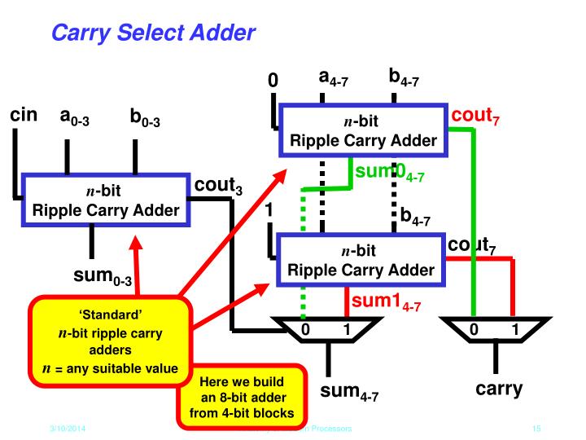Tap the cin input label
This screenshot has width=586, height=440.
(24, 115)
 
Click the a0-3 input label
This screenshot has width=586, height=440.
(74, 117)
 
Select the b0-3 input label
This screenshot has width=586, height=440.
(146, 119)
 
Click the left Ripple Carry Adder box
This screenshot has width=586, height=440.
(105, 201)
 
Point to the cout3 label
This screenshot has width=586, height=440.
(218, 187)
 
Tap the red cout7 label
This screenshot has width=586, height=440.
(476, 117)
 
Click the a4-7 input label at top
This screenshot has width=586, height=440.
(335, 80)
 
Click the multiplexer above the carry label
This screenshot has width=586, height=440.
(492, 329)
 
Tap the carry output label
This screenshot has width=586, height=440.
(499, 389)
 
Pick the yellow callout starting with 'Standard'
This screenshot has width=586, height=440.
(111, 341)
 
